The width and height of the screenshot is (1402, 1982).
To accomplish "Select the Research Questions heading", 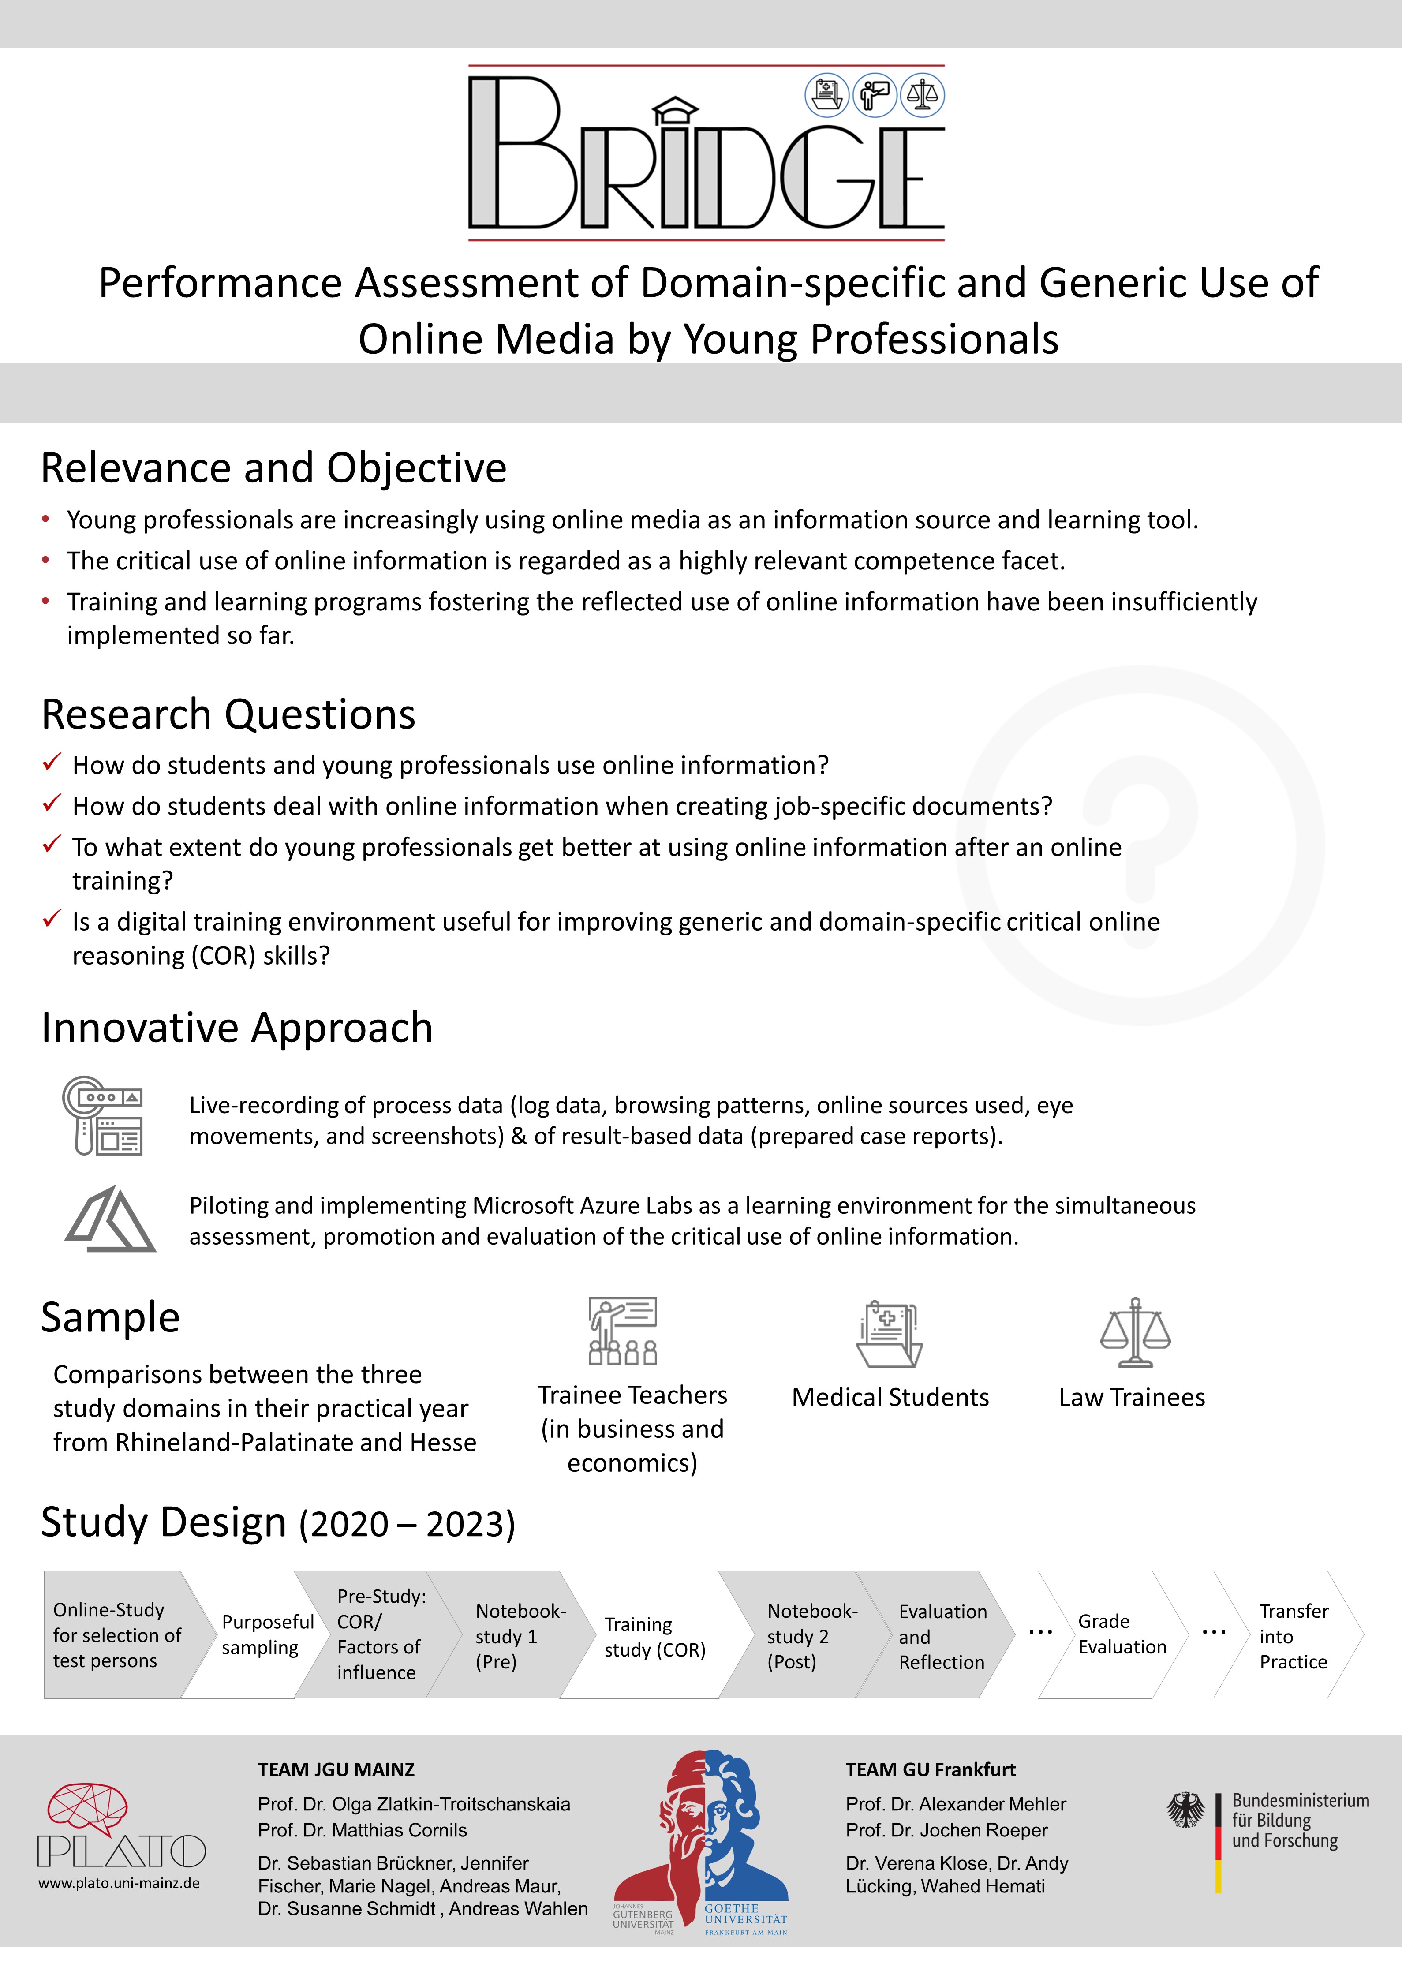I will coord(229,715).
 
